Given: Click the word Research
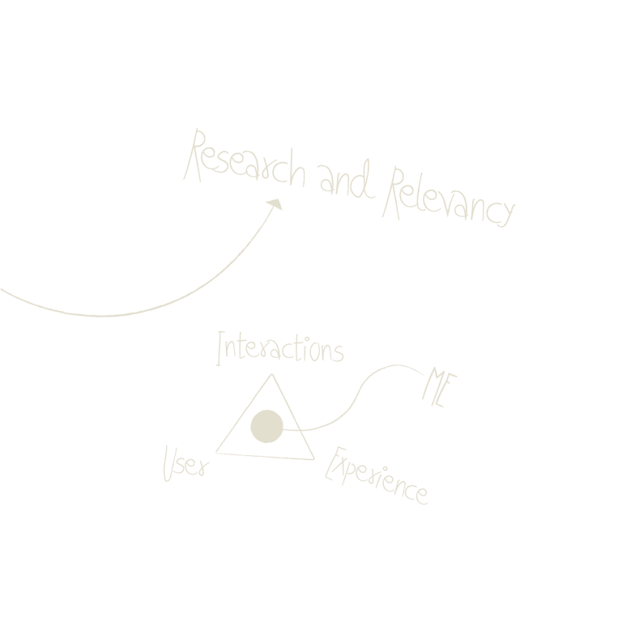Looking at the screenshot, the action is click(x=245, y=162).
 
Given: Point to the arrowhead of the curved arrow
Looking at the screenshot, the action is click(x=276, y=204).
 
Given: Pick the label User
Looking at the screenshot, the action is click(x=184, y=464).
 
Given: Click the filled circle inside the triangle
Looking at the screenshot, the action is click(x=266, y=427).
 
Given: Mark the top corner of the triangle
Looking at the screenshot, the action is click(x=271, y=375).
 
